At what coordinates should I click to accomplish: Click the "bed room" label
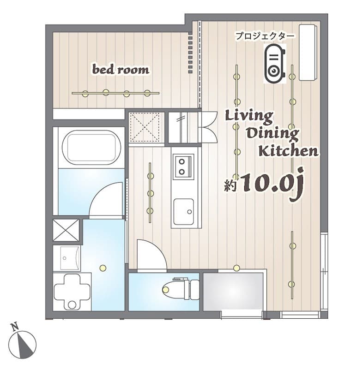click(x=121, y=70)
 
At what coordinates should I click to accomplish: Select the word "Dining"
click(x=273, y=134)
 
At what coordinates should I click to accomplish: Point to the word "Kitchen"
click(x=288, y=151)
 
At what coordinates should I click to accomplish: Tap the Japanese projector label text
click(x=265, y=36)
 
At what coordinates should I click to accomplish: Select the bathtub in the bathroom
click(x=91, y=147)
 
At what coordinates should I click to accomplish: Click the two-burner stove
click(x=183, y=167)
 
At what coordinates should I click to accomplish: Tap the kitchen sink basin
click(x=184, y=212)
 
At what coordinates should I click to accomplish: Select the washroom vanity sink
click(x=67, y=258)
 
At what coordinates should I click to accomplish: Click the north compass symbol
click(x=23, y=344)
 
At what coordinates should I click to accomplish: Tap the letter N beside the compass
click(x=15, y=327)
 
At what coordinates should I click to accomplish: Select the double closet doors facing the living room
click(x=208, y=127)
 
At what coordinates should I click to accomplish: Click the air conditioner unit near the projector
click(x=308, y=53)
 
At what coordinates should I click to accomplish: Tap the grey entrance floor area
click(x=233, y=292)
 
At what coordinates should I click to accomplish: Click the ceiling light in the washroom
click(x=103, y=268)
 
